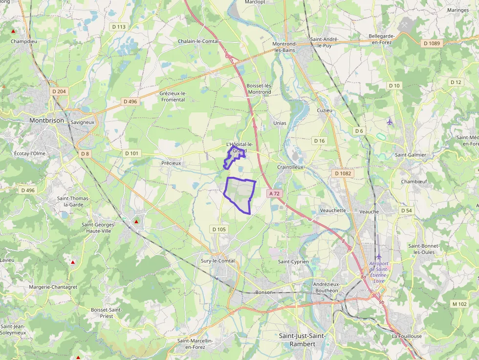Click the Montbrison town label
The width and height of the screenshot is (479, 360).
point(46,120)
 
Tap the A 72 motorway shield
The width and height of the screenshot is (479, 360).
point(274,193)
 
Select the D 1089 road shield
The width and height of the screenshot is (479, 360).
point(431,43)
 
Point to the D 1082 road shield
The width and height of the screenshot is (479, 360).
point(344,173)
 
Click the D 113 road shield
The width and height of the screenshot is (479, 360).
point(118,27)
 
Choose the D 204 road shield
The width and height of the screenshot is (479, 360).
point(59,91)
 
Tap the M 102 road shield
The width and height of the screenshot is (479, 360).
point(459,304)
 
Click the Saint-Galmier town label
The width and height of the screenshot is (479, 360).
point(411,155)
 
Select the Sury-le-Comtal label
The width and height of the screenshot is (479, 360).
point(218,261)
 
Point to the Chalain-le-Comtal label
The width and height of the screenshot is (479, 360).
point(198,42)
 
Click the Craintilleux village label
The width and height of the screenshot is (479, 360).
point(290,167)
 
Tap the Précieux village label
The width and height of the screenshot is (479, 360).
point(171,163)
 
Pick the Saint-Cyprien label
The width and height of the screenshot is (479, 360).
point(293,262)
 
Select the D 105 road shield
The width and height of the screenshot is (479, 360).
point(219,229)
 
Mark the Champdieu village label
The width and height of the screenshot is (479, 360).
point(24,42)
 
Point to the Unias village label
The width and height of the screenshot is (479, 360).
point(280,123)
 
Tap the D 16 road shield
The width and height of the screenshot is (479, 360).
point(319,141)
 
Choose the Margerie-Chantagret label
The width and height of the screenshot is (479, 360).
point(53,287)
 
